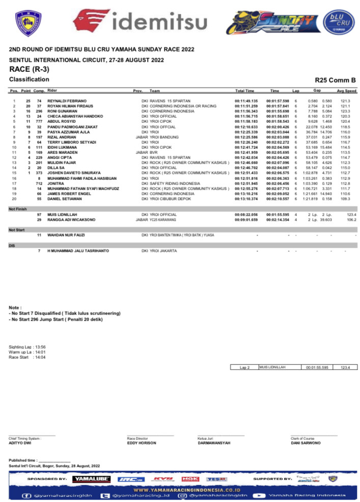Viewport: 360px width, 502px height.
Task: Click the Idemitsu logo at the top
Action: click(x=140, y=22)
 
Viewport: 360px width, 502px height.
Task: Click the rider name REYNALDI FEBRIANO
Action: click(x=67, y=101)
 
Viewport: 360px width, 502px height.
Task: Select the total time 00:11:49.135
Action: click(x=246, y=101)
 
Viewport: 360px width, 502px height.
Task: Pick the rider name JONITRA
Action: click(x=57, y=183)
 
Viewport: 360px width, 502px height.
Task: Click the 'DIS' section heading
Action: click(x=12, y=246)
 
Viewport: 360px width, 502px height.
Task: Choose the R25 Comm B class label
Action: click(x=336, y=80)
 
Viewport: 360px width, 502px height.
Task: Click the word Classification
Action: click(x=29, y=79)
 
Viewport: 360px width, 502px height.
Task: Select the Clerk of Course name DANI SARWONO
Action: click(x=306, y=443)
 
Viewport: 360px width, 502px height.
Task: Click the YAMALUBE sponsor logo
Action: click(x=91, y=479)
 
